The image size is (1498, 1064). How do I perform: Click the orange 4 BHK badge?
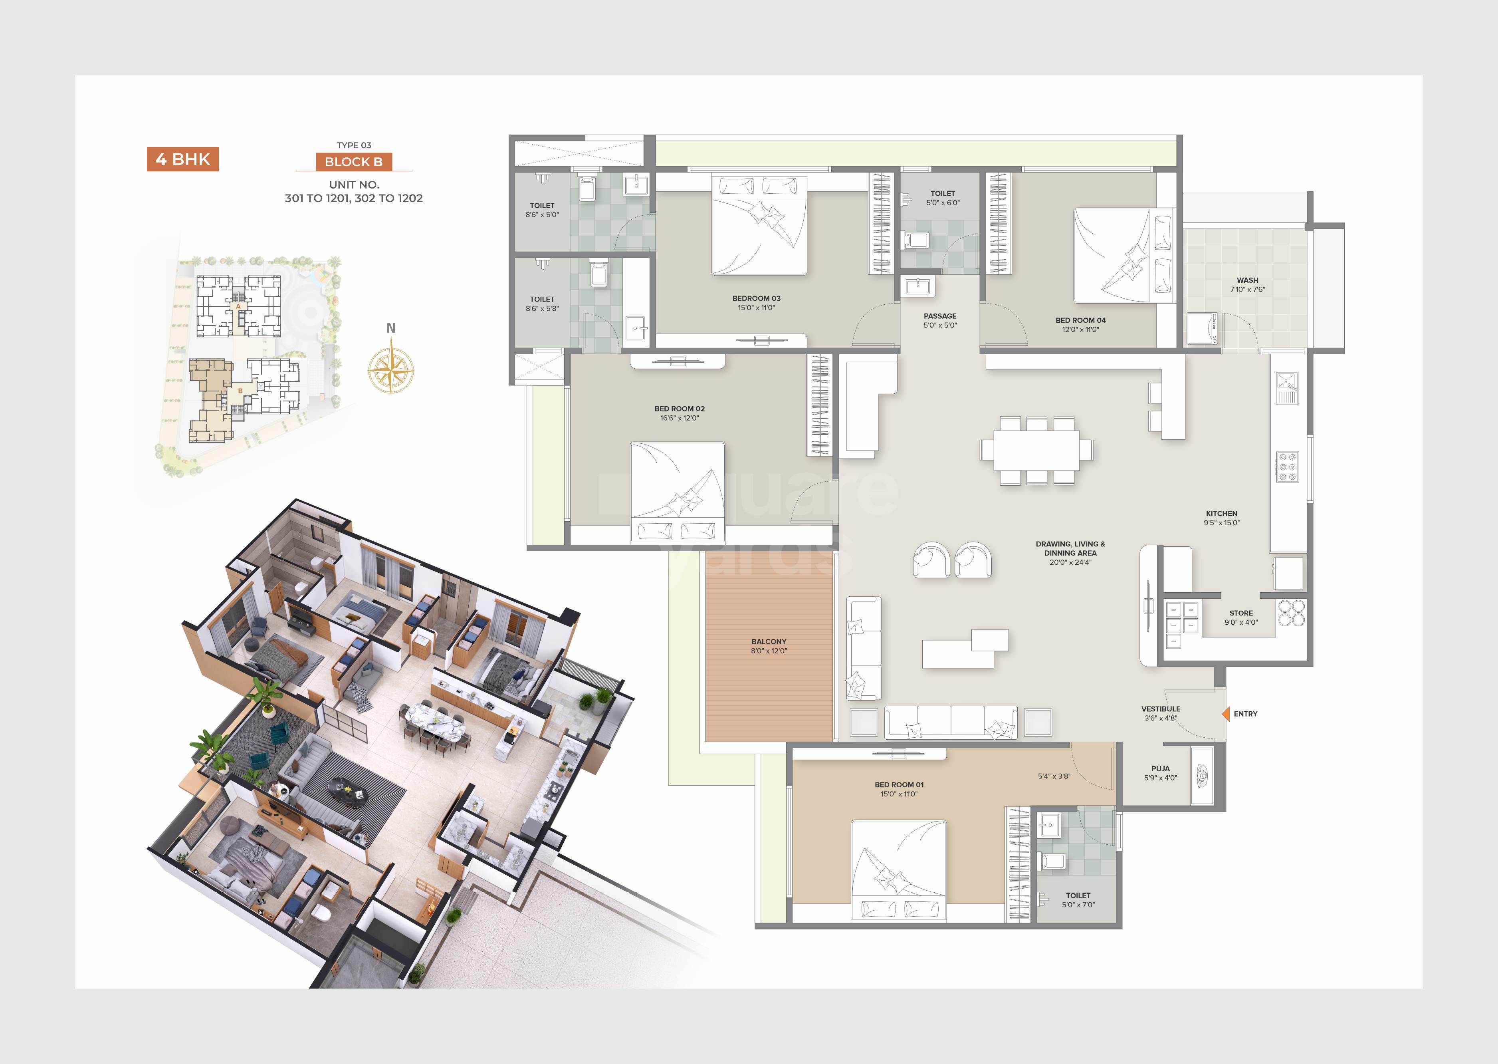point(182,159)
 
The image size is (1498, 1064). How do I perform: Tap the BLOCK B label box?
point(354,162)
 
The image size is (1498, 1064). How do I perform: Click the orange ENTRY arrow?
point(1225,713)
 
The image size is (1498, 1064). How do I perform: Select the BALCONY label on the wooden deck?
point(768,641)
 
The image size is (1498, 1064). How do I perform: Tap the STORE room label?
point(1240,613)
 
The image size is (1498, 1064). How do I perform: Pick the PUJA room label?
point(1160,768)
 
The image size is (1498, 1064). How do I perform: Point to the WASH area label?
point(1247,280)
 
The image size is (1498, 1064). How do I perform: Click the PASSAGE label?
point(940,316)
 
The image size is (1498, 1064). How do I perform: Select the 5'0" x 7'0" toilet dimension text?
point(1078,905)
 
